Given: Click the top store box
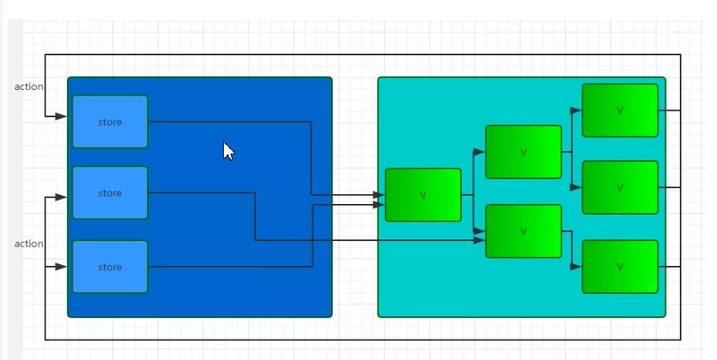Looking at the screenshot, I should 110,121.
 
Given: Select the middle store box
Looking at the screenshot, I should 110,192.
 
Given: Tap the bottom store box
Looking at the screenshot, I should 110,267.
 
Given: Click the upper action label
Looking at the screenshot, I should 29,87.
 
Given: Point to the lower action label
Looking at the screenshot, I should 29,244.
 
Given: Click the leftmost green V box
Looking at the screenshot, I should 423,195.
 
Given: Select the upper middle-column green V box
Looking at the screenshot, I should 523,152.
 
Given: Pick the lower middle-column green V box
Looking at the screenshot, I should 523,231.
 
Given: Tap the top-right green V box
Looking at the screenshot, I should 620,110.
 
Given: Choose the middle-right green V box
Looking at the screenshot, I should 620,187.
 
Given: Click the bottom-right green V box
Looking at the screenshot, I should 620,267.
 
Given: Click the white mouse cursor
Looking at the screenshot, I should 228,151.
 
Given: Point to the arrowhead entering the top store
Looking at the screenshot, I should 61,116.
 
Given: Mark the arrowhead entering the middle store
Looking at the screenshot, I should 61,197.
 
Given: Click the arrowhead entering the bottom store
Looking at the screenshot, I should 61,267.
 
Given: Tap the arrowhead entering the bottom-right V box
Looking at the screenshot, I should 576,267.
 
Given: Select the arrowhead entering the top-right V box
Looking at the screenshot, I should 576,109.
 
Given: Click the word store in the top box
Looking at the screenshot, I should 110,122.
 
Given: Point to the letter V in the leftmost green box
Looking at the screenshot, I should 423,196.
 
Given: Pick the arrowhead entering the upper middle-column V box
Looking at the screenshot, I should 479,152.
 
